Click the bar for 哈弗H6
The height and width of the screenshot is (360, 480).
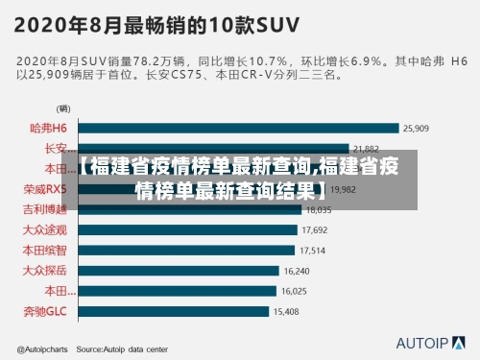[238, 128]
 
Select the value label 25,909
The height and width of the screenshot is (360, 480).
[416, 128]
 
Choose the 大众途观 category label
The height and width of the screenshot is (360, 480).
[45, 229]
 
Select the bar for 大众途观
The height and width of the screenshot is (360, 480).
[187, 229]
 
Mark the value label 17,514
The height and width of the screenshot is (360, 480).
[313, 251]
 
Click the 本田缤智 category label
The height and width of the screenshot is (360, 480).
[45, 251]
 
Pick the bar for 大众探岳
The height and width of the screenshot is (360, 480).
[179, 271]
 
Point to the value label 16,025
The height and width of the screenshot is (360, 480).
[294, 291]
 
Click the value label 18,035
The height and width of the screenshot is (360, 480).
[318, 209]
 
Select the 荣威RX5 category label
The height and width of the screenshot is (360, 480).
[45, 189]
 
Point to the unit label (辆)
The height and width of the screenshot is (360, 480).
[63, 108]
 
